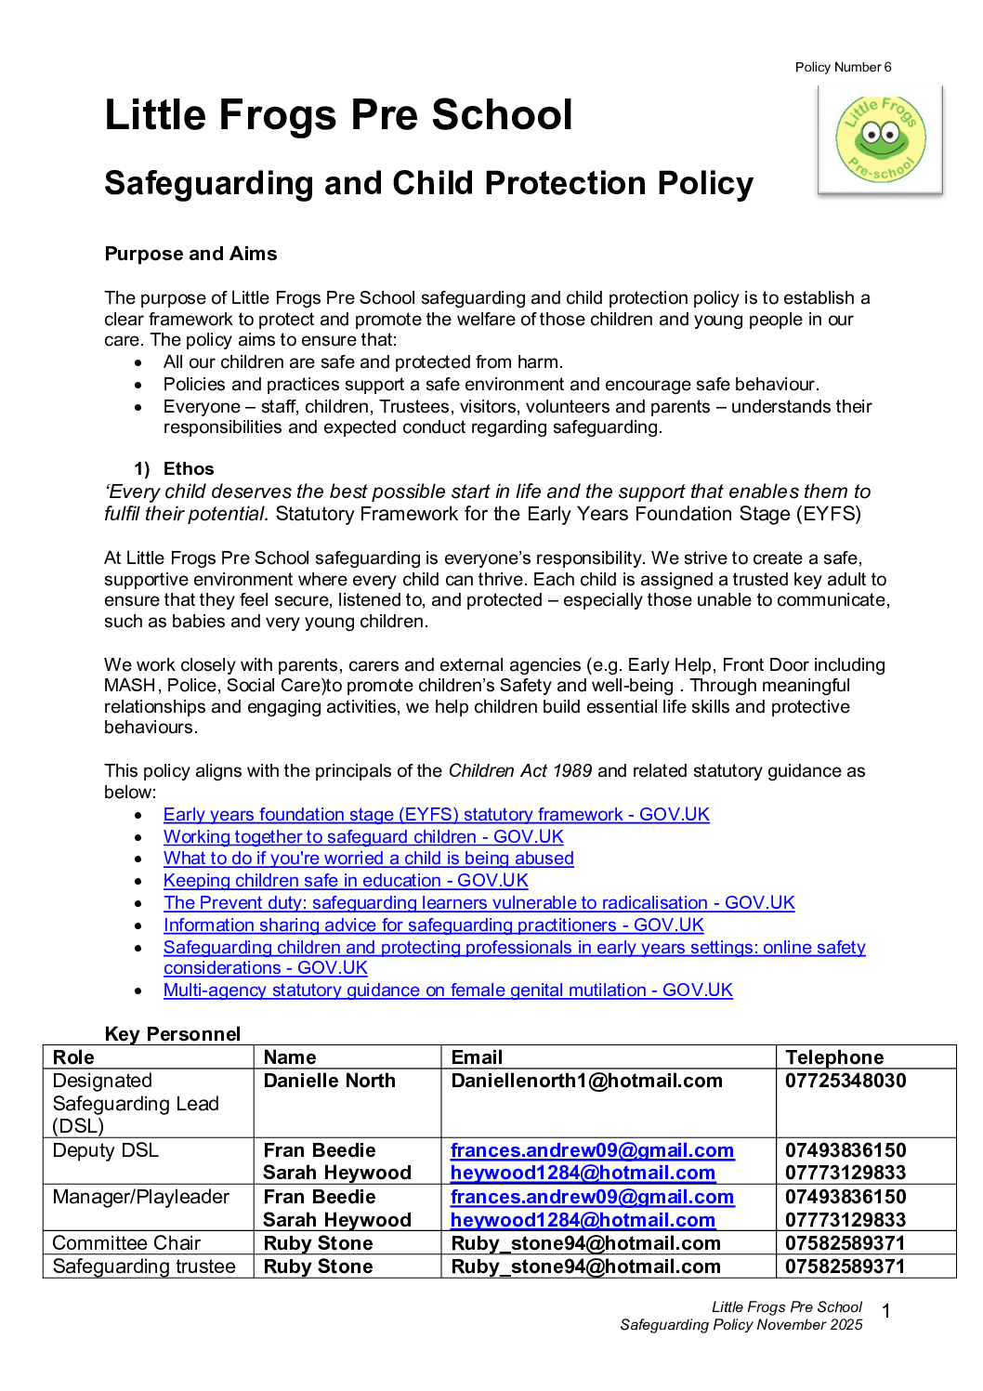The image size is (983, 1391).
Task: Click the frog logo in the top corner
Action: click(x=881, y=140)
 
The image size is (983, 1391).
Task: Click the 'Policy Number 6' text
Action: click(x=843, y=67)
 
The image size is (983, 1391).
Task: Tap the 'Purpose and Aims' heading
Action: click(x=190, y=254)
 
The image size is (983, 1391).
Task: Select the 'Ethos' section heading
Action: click(x=189, y=468)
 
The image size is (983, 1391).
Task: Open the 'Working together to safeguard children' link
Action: click(x=363, y=836)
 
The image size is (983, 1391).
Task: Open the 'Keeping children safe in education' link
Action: click(x=346, y=880)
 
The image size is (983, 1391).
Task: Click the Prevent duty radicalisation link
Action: click(x=478, y=902)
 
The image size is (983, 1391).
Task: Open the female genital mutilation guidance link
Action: click(x=448, y=990)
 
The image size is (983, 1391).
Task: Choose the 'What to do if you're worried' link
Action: click(x=368, y=858)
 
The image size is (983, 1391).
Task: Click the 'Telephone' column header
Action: click(x=834, y=1057)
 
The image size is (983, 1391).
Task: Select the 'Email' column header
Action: click(x=477, y=1057)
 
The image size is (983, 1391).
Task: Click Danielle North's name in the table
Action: click(x=330, y=1081)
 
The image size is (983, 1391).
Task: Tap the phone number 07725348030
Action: click(x=845, y=1081)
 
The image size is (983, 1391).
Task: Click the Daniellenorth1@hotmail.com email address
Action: click(x=586, y=1081)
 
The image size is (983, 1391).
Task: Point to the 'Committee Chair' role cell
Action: click(x=126, y=1243)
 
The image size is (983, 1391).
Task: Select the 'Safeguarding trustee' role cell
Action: click(x=144, y=1266)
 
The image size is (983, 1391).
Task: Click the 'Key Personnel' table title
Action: click(x=173, y=1034)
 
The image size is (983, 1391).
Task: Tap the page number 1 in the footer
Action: click(x=886, y=1311)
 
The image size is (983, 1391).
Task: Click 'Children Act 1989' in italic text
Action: click(x=519, y=770)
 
